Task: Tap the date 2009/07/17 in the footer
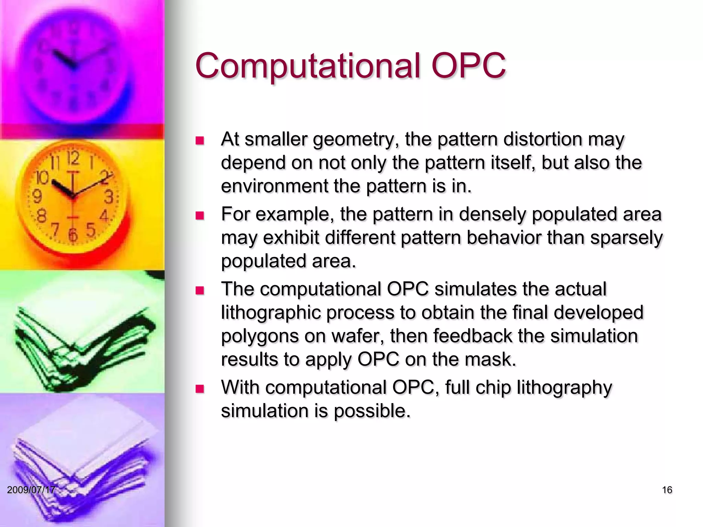tap(31, 490)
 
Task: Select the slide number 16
tap(667, 490)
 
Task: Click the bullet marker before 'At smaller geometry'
tap(199, 141)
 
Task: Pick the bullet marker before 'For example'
tap(199, 215)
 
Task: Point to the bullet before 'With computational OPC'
tap(199, 389)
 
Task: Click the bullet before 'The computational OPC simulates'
tap(199, 291)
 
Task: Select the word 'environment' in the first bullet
tap(274, 186)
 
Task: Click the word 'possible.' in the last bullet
tap(372, 411)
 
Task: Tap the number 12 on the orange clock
tap(73, 159)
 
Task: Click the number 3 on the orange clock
tap(109, 197)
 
